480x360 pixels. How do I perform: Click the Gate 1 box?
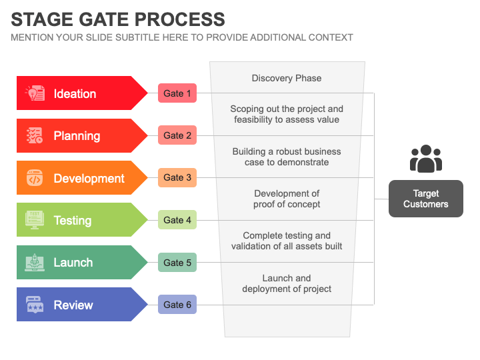tap(177, 93)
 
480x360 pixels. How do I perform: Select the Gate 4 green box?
tap(177, 220)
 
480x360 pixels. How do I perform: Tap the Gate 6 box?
tap(177, 305)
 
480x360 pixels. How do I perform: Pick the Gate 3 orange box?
tap(177, 178)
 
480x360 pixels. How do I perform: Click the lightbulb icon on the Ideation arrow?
tap(35, 93)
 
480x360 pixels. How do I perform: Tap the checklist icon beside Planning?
tap(35, 135)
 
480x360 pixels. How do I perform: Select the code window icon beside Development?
tap(35, 178)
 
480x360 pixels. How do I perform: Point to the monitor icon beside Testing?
tap(35, 220)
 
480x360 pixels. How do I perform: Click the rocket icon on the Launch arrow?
tap(35, 263)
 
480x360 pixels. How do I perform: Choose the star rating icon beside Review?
tap(35, 305)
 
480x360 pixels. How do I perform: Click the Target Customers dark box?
tap(425, 199)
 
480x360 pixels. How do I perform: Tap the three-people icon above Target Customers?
tap(425, 159)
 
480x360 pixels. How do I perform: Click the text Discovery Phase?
tap(287, 78)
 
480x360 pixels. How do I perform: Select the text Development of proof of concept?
tap(287, 199)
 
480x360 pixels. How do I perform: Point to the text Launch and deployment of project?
tap(287, 283)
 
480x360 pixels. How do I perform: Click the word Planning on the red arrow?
tap(77, 136)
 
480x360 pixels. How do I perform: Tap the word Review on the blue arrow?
tap(73, 305)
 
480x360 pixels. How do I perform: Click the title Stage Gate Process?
tap(118, 19)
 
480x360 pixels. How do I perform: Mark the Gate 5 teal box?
tap(177, 263)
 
